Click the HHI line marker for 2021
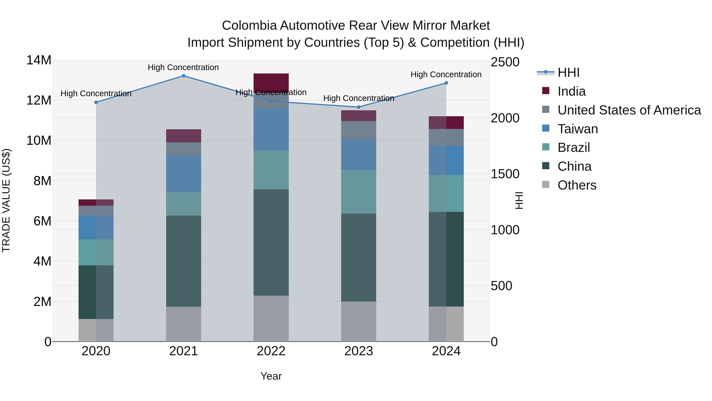(183, 76)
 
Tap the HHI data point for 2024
(446, 83)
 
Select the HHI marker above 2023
(359, 107)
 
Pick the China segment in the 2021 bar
(183, 261)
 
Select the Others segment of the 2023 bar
(359, 321)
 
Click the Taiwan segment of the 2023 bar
(359, 154)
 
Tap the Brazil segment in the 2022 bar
(271, 170)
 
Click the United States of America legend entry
(629, 110)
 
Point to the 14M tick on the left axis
(39, 60)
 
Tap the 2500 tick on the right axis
(505, 62)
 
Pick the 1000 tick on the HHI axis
(505, 230)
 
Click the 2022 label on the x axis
(271, 351)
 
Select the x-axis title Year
(271, 376)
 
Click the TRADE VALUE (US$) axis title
(6, 200)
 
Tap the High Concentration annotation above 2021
(183, 67)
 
